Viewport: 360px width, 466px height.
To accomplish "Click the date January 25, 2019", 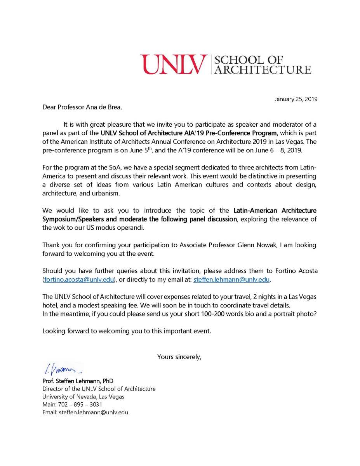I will pyautogui.click(x=296, y=99).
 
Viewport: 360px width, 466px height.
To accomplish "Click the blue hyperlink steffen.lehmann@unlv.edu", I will pyautogui.click(x=231, y=280).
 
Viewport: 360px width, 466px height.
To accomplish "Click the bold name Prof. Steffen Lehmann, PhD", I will pyautogui.click(x=78, y=381).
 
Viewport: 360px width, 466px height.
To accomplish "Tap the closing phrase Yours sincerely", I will pyautogui.click(x=179, y=356).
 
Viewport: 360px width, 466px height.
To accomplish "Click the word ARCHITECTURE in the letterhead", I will pyautogui.click(x=263, y=70).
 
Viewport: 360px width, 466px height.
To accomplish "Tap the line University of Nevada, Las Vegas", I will pyautogui.click(x=83, y=396).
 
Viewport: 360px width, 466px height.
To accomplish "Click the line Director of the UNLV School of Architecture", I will pyautogui.click(x=99, y=389).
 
